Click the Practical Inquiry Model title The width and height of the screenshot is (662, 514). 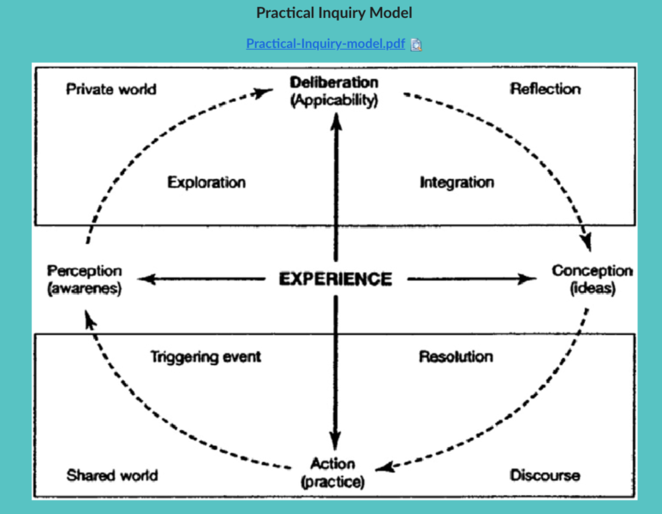pyautogui.click(x=333, y=14)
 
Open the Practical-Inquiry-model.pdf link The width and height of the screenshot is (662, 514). pyautogui.click(x=325, y=44)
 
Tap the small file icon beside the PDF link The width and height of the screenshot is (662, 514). pyautogui.click(x=416, y=45)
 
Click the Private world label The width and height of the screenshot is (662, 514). pyautogui.click(x=111, y=89)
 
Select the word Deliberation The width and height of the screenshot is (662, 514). pyautogui.click(x=333, y=83)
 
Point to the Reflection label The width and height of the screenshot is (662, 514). pyautogui.click(x=545, y=89)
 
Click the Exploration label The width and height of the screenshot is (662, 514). pyautogui.click(x=206, y=182)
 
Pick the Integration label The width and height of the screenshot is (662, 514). pyautogui.click(x=456, y=182)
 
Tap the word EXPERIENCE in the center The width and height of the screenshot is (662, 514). pyautogui.click(x=336, y=279)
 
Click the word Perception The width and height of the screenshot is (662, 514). pyautogui.click(x=85, y=272)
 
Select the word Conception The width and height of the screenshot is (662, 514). pyautogui.click(x=592, y=271)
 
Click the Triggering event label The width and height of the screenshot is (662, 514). pyautogui.click(x=206, y=356)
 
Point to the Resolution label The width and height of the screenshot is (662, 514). pyautogui.click(x=456, y=356)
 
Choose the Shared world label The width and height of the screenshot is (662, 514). pyautogui.click(x=112, y=475)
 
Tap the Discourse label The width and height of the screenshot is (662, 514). pyautogui.click(x=545, y=475)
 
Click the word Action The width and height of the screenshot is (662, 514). pyautogui.click(x=332, y=464)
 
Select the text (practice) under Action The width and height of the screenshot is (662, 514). pyautogui.click(x=332, y=481)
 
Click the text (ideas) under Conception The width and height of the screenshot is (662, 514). pyautogui.click(x=592, y=289)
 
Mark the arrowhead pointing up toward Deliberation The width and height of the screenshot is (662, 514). pyautogui.click(x=336, y=120)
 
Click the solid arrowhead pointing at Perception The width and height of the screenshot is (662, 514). pyautogui.click(x=145, y=279)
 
